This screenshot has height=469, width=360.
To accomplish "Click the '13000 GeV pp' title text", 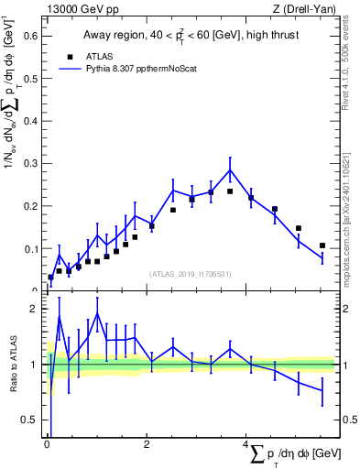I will pos(79,9).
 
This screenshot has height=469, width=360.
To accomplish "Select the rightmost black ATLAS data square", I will pos(322,245).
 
